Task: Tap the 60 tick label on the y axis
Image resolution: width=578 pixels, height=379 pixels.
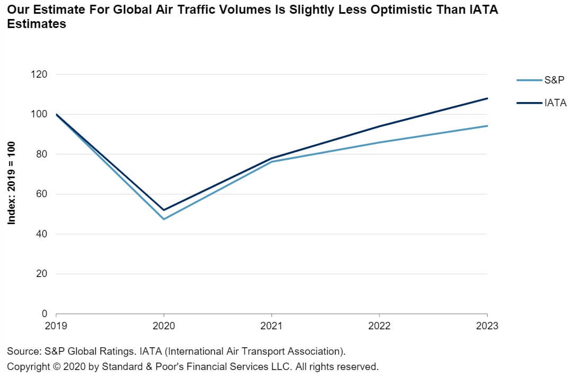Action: [42, 194]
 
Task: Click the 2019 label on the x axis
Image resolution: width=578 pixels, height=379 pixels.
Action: [56, 326]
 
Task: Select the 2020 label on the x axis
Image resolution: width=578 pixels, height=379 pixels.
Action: [164, 326]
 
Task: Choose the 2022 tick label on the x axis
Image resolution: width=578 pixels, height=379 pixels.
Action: [380, 326]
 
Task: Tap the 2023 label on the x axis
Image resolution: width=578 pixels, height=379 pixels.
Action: [487, 326]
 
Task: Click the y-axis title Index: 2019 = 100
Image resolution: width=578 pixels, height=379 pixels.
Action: [12, 182]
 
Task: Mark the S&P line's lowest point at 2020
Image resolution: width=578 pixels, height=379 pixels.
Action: [164, 219]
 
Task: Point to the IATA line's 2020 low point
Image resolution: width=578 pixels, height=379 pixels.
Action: [164, 210]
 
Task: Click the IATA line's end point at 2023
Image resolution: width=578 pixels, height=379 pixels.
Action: [487, 98]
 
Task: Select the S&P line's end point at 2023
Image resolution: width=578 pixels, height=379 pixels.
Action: [487, 126]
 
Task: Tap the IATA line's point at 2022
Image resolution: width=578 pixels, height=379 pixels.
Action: [380, 126]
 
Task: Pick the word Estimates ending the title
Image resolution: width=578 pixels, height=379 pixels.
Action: [37, 24]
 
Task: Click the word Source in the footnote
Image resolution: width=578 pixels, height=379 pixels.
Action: [22, 351]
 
